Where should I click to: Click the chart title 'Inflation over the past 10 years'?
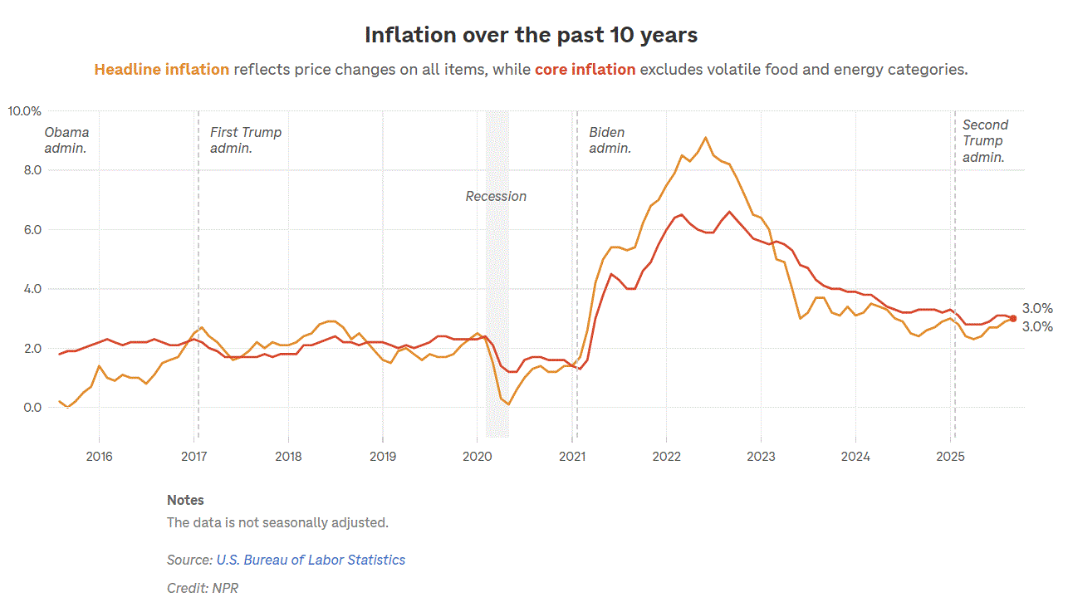click(x=531, y=35)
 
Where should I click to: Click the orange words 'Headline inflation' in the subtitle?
click(x=162, y=70)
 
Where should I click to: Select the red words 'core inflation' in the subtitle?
click(x=585, y=70)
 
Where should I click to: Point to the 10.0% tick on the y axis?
click(x=25, y=110)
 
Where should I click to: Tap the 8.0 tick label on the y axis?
click(x=32, y=170)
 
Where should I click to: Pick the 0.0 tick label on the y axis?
click(x=32, y=408)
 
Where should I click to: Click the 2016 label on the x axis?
click(x=99, y=457)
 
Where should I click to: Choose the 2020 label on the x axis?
click(x=478, y=457)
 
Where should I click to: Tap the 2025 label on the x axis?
click(x=951, y=457)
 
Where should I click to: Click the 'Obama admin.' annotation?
click(x=66, y=140)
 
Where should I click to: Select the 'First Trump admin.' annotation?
click(x=245, y=140)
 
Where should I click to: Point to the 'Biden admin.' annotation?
click(x=610, y=140)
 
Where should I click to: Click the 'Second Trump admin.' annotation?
click(x=985, y=140)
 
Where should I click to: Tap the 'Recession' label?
click(x=496, y=197)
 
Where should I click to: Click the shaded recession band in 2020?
click(x=497, y=316)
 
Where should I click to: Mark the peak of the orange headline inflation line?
click(x=705, y=138)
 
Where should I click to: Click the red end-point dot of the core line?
click(x=1013, y=319)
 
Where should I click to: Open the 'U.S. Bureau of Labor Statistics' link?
click(x=311, y=561)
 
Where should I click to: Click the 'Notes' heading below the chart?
click(x=185, y=501)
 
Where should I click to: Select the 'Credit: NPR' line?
click(x=203, y=589)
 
